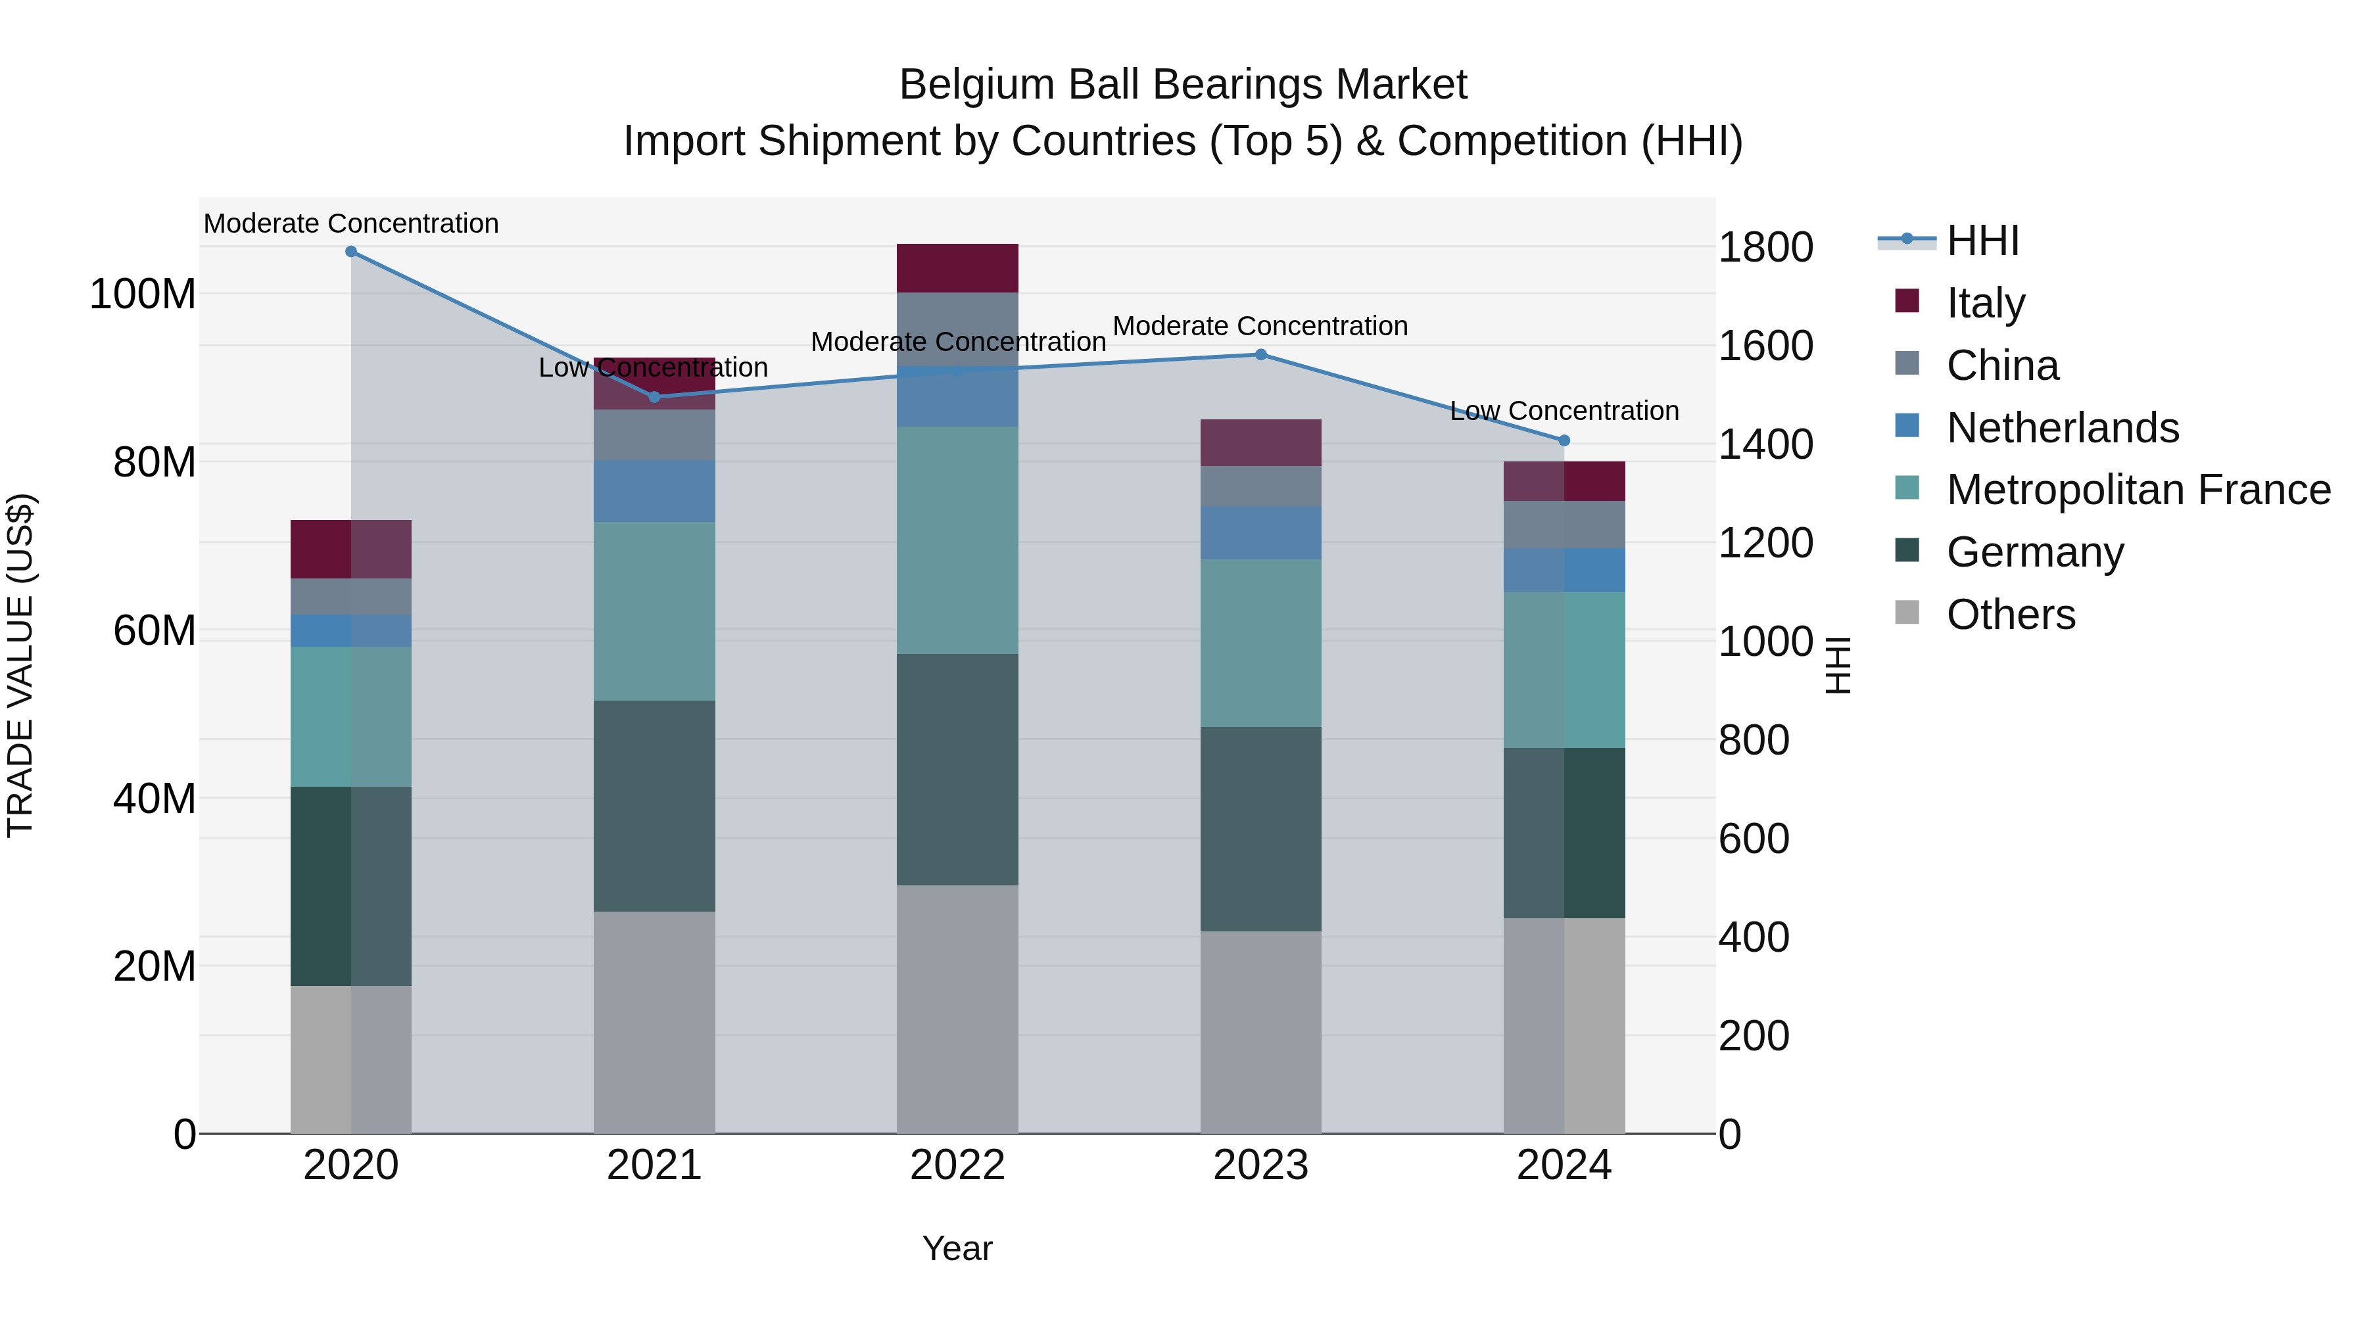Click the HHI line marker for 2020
click(351, 252)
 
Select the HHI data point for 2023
click(1260, 354)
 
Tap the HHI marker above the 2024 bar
click(1565, 441)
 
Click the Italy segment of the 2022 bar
click(957, 268)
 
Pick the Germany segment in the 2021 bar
click(654, 806)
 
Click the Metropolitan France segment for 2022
click(957, 540)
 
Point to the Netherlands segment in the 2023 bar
click(1260, 533)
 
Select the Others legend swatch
click(1907, 613)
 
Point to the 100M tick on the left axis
click(143, 295)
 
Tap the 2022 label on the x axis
click(957, 1165)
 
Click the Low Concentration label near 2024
click(1564, 411)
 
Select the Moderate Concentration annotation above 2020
click(351, 223)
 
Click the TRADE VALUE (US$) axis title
click(20, 665)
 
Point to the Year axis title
click(957, 1248)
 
